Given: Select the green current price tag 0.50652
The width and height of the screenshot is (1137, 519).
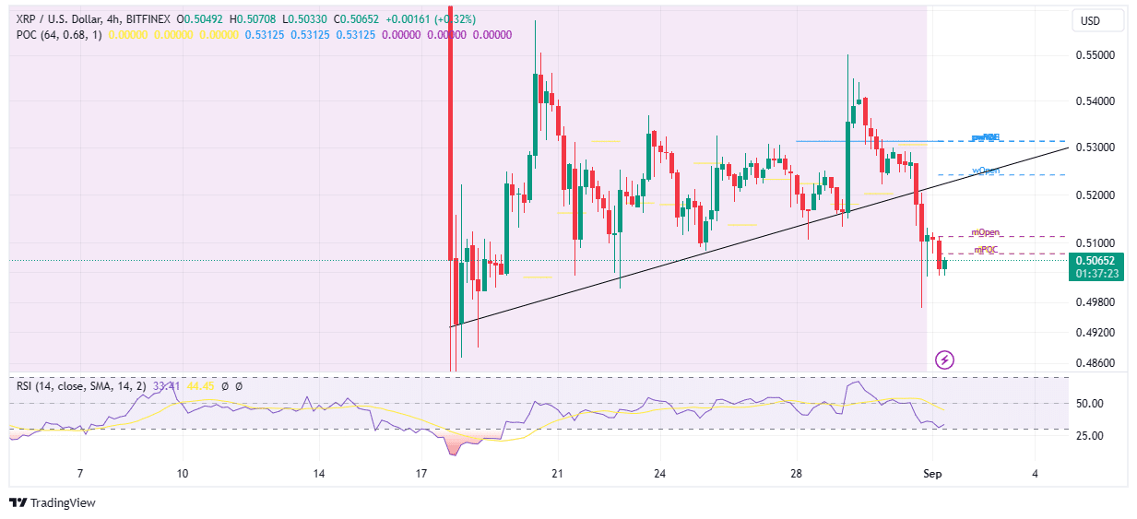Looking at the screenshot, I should [x=1096, y=261].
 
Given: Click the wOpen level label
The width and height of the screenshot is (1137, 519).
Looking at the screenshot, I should [x=986, y=171].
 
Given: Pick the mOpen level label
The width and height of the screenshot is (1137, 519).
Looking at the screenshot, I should [x=986, y=232].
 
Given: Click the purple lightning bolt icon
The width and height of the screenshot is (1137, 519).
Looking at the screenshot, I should [x=944, y=359].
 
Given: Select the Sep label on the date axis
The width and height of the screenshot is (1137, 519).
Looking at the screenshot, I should [x=933, y=474].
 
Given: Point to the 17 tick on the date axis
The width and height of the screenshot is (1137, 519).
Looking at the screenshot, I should [x=421, y=474].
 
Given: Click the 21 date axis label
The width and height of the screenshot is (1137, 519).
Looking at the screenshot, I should [x=557, y=474].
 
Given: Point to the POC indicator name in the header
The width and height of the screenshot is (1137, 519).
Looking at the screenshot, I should [x=28, y=34].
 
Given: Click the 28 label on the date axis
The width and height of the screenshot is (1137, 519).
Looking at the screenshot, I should [x=797, y=474].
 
